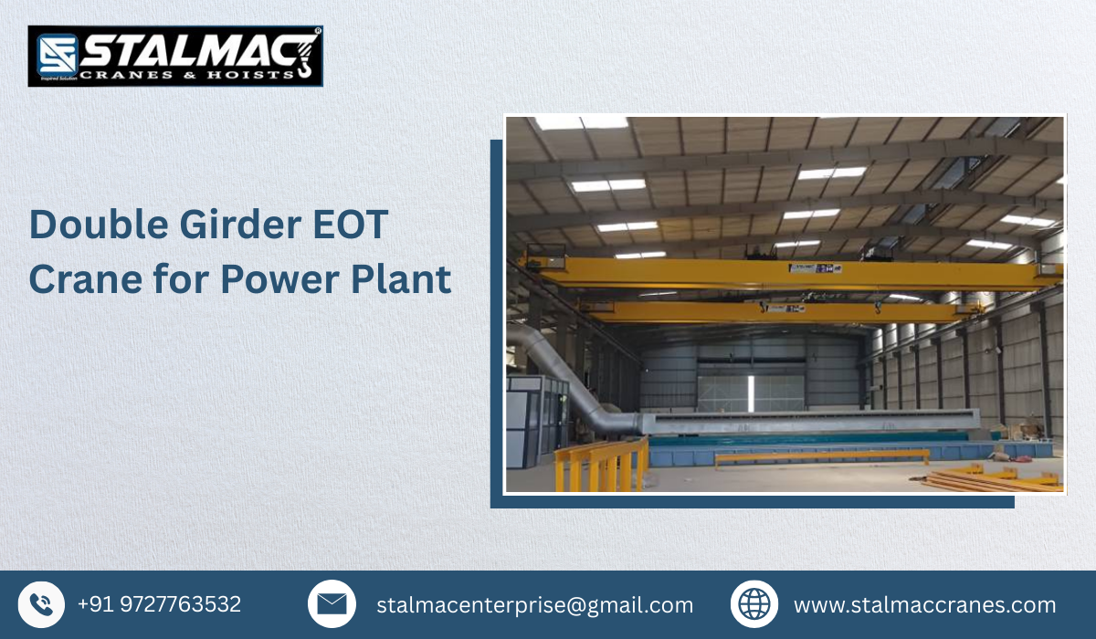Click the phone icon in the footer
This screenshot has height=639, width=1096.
point(41,604)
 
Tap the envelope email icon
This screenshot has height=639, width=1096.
point(332,604)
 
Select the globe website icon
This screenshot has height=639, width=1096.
point(754,604)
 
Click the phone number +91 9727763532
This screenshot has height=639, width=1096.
point(159,604)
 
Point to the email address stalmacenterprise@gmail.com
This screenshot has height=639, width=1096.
point(535,604)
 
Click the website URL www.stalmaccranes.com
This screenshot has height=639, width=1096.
point(924,604)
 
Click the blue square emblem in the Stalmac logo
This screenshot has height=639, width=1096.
point(57,55)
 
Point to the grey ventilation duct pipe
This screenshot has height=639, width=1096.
point(566,374)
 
